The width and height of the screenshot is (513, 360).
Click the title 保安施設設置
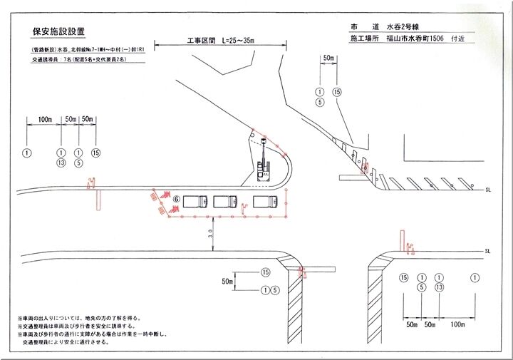58,31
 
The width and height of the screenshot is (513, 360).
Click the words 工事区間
200,41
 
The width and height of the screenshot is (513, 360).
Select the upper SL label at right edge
488,190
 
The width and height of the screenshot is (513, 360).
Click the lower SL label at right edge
488,252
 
